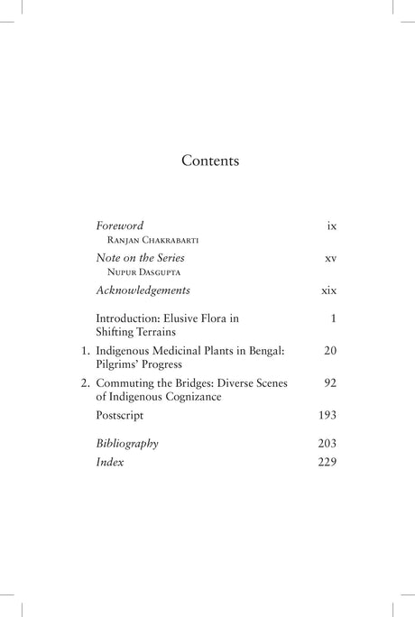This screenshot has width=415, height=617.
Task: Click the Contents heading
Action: [x=209, y=161]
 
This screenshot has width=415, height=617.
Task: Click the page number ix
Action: [x=331, y=226]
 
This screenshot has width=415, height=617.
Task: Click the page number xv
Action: [x=329, y=259]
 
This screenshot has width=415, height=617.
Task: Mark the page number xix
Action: [x=328, y=291]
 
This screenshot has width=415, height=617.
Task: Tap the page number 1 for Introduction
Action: [x=333, y=318]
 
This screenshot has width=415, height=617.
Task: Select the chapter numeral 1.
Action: [x=84, y=350]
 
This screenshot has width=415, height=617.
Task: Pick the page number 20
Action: [x=329, y=350]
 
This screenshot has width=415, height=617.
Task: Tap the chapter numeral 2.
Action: [x=84, y=382]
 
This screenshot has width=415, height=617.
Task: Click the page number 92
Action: [x=329, y=382]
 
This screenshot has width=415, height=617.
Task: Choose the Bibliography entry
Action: [x=127, y=444]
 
